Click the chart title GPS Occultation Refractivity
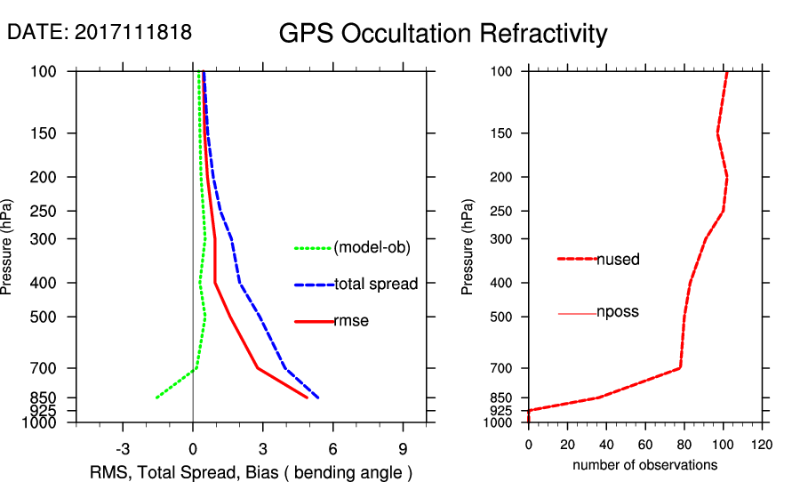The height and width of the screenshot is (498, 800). pos(443,34)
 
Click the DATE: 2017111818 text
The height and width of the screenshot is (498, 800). pos(100,32)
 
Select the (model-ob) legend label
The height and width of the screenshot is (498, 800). pos(372,248)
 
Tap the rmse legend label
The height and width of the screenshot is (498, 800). pos(351,321)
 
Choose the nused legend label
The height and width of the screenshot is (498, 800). pos(618,260)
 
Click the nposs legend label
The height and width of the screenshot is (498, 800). pos(618,312)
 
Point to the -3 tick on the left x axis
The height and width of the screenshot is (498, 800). pos(123,448)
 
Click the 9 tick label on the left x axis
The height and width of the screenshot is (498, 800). pos(404,448)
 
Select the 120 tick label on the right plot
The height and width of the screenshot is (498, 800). pos(761,445)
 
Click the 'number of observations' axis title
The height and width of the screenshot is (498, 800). pos(644,465)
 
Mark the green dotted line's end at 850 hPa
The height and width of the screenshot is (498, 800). pos(156,398)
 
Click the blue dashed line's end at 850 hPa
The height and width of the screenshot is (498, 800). pos(318,398)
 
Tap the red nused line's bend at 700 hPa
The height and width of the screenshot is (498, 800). pos(680,367)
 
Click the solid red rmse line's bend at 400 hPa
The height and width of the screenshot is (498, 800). pos(215,283)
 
